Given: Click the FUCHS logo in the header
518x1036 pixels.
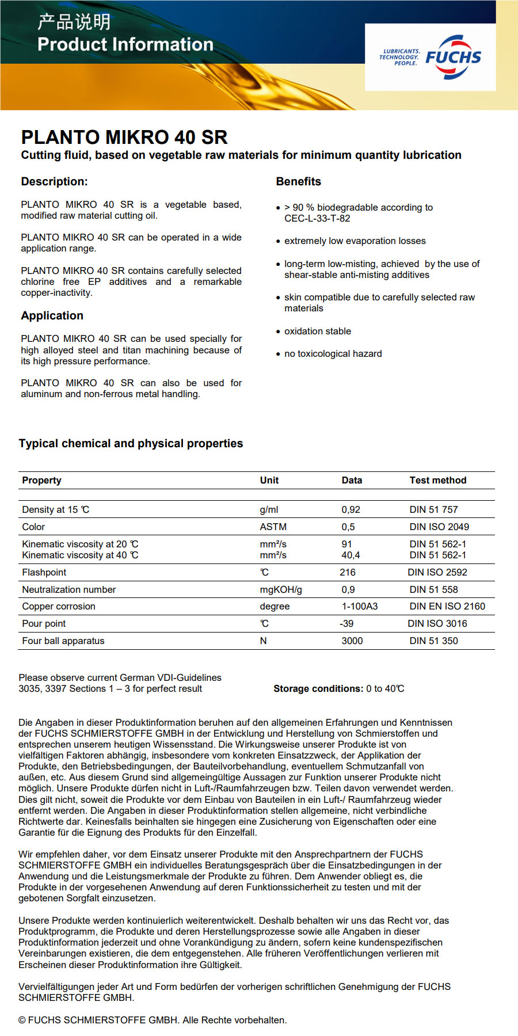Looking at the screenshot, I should pyautogui.click(x=452, y=57).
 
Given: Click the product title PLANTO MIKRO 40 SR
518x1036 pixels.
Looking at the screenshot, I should pyautogui.click(x=124, y=137).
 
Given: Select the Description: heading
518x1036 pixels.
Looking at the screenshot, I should pyautogui.click(x=54, y=182).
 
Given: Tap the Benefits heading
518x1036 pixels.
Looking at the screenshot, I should pyautogui.click(x=298, y=182).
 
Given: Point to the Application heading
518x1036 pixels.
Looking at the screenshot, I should pyautogui.click(x=52, y=315).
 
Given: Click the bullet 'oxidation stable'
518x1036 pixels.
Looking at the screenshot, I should pyautogui.click(x=317, y=332).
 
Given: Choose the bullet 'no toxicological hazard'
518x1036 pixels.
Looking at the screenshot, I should pyautogui.click(x=333, y=354).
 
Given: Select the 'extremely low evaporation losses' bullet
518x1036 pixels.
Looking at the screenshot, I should pyautogui.click(x=355, y=241).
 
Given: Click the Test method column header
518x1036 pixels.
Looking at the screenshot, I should pyautogui.click(x=437, y=481).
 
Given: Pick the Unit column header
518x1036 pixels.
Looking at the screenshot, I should pyautogui.click(x=269, y=481).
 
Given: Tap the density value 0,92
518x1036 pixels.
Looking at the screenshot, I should pyautogui.click(x=351, y=510).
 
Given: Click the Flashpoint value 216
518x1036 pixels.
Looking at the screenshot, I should pyautogui.click(x=348, y=573).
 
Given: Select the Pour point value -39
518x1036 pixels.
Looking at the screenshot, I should pyautogui.click(x=346, y=624).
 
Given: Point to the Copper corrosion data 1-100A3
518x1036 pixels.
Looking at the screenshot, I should pyautogui.click(x=359, y=607).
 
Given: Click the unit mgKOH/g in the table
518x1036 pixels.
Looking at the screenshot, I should pyautogui.click(x=280, y=590).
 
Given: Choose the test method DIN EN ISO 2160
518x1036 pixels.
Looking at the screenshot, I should pyautogui.click(x=447, y=607).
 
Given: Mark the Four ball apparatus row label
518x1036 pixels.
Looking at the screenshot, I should pyautogui.click(x=63, y=641).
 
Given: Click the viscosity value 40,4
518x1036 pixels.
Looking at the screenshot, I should pyautogui.click(x=351, y=555).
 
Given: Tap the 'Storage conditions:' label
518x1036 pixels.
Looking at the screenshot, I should pyautogui.click(x=318, y=689).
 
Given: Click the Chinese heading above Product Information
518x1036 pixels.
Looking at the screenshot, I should pyautogui.click(x=74, y=22).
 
